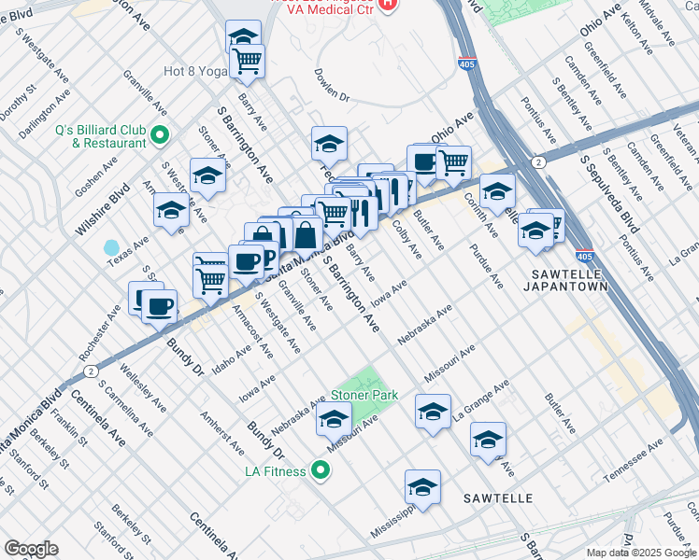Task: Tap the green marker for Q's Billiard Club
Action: pos(160,136)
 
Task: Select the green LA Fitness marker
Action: pos(321,470)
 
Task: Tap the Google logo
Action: pos(31,549)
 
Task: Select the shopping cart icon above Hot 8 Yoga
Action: pos(248,61)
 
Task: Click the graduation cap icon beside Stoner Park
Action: pos(335,421)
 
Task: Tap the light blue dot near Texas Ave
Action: pos(112,248)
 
